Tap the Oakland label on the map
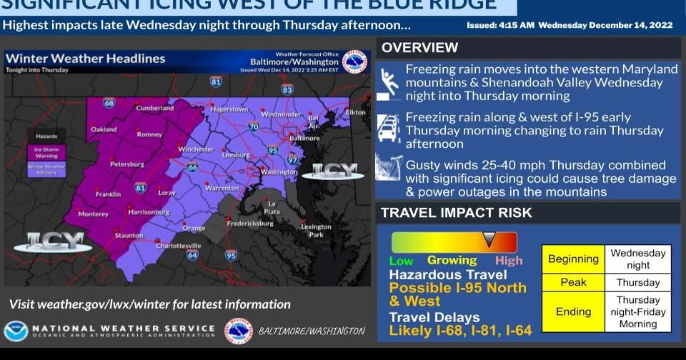[x=104, y=129]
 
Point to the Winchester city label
[x=196, y=149]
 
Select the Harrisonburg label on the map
[x=148, y=212]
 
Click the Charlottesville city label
[x=179, y=246]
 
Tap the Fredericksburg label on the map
[x=250, y=223]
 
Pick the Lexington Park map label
[x=316, y=231]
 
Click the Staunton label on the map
[x=129, y=235]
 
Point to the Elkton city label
[x=356, y=112]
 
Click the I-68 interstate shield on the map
[x=109, y=103]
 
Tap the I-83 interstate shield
[x=287, y=90]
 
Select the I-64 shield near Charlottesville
[x=192, y=255]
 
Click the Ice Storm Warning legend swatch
[x=46, y=151]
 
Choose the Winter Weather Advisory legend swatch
[x=46, y=169]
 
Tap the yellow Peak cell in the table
[x=573, y=282]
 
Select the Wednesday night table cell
[x=638, y=259]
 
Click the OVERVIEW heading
[x=419, y=48]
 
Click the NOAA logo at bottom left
[x=15, y=331]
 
